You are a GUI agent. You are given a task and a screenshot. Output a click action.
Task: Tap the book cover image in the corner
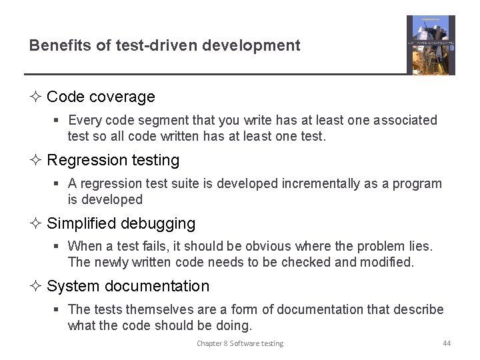point(431,45)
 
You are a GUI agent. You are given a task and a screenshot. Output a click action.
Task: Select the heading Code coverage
point(101,97)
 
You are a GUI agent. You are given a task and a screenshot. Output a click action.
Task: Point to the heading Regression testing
point(113,160)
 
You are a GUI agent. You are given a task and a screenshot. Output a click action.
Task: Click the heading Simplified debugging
point(121,223)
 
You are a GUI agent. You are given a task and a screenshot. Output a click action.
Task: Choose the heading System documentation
point(128,286)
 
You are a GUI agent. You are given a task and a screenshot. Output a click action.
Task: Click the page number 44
point(447,343)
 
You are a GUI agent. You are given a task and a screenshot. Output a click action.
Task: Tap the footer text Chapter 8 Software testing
point(240,343)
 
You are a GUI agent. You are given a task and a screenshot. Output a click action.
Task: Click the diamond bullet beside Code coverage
point(36,97)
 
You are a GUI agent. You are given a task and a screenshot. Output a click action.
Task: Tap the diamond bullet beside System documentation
point(36,286)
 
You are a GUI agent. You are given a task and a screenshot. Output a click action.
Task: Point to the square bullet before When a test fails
point(58,247)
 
